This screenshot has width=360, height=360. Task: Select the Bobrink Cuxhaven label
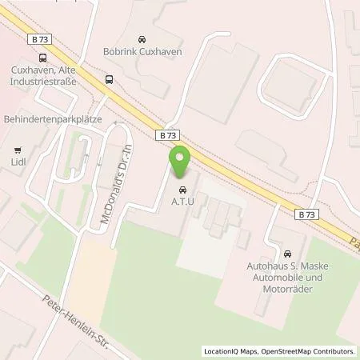pos(142,52)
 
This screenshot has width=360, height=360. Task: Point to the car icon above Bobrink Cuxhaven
pos(142,39)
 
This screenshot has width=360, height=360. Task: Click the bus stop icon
pos(108,79)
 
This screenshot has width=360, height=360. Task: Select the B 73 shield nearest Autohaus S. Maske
pos(305,214)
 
